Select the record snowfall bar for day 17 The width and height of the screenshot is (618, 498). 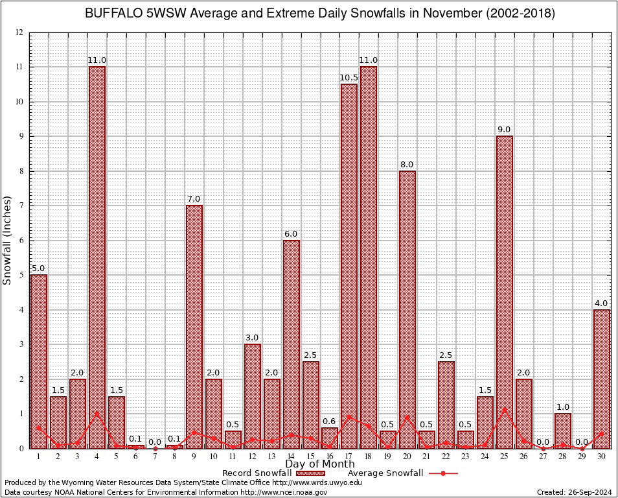coord(349,266)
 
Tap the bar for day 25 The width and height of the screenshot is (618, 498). coord(505,292)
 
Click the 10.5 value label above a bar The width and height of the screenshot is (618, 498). coord(349,78)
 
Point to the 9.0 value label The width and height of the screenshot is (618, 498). coord(505,130)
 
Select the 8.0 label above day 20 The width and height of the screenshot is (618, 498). coord(407,165)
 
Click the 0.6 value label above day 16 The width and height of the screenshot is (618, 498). coord(330,421)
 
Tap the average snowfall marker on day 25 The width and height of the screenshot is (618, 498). coord(505,410)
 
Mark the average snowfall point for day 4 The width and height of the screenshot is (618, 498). coord(97,413)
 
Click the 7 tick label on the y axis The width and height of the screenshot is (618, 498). coord(21,206)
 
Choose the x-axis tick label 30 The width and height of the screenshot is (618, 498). coord(602,456)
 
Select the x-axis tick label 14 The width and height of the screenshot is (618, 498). coord(291,456)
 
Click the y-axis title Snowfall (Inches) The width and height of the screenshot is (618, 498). coord(8,240)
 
